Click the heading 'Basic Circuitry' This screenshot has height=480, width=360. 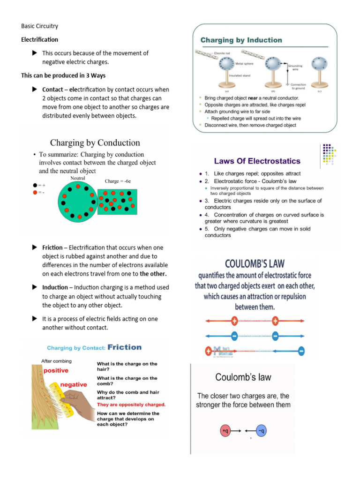[39, 26]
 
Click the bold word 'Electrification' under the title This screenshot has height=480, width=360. [40, 40]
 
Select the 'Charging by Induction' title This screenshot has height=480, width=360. [241, 40]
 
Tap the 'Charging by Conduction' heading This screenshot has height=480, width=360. [95, 143]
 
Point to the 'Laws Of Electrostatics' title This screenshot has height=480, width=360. [257, 161]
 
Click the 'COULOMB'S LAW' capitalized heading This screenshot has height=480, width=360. [255, 263]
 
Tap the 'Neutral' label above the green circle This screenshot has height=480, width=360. [78, 179]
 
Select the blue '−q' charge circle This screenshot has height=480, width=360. [262, 430]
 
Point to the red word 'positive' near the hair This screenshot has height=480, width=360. [56, 370]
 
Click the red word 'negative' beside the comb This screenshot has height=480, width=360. [74, 385]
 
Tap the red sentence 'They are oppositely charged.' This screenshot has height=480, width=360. [131, 404]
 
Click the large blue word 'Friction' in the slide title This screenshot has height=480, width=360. [124, 347]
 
